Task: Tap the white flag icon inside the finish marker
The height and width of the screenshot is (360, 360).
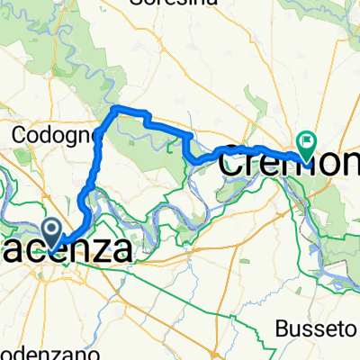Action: coord(308,140)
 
